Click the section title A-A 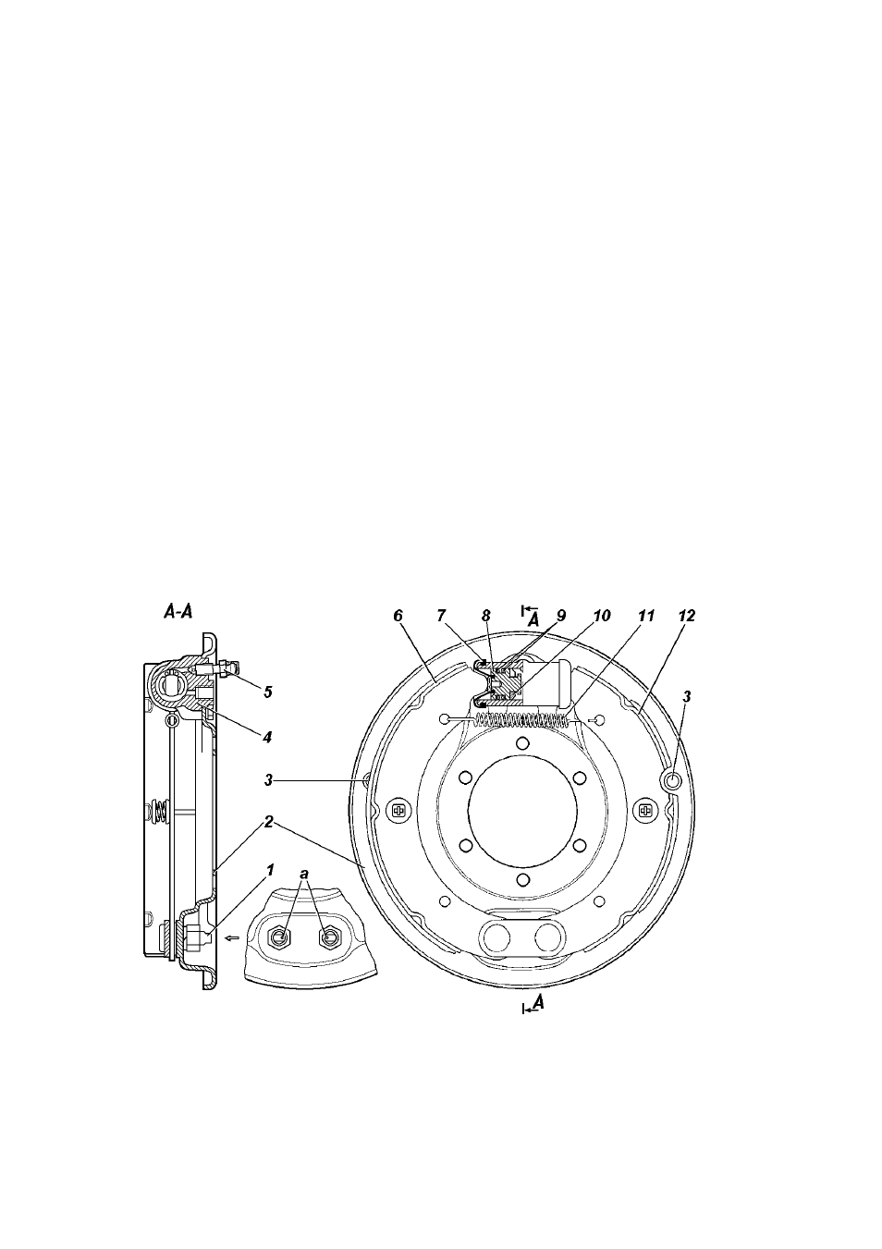pos(178,612)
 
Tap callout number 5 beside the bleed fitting pos(267,692)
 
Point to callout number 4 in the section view pos(267,737)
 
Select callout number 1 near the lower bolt pos(270,869)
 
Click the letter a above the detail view pos(304,874)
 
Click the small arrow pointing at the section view pos(231,938)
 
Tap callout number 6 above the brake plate pos(398,616)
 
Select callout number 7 pos(442,616)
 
